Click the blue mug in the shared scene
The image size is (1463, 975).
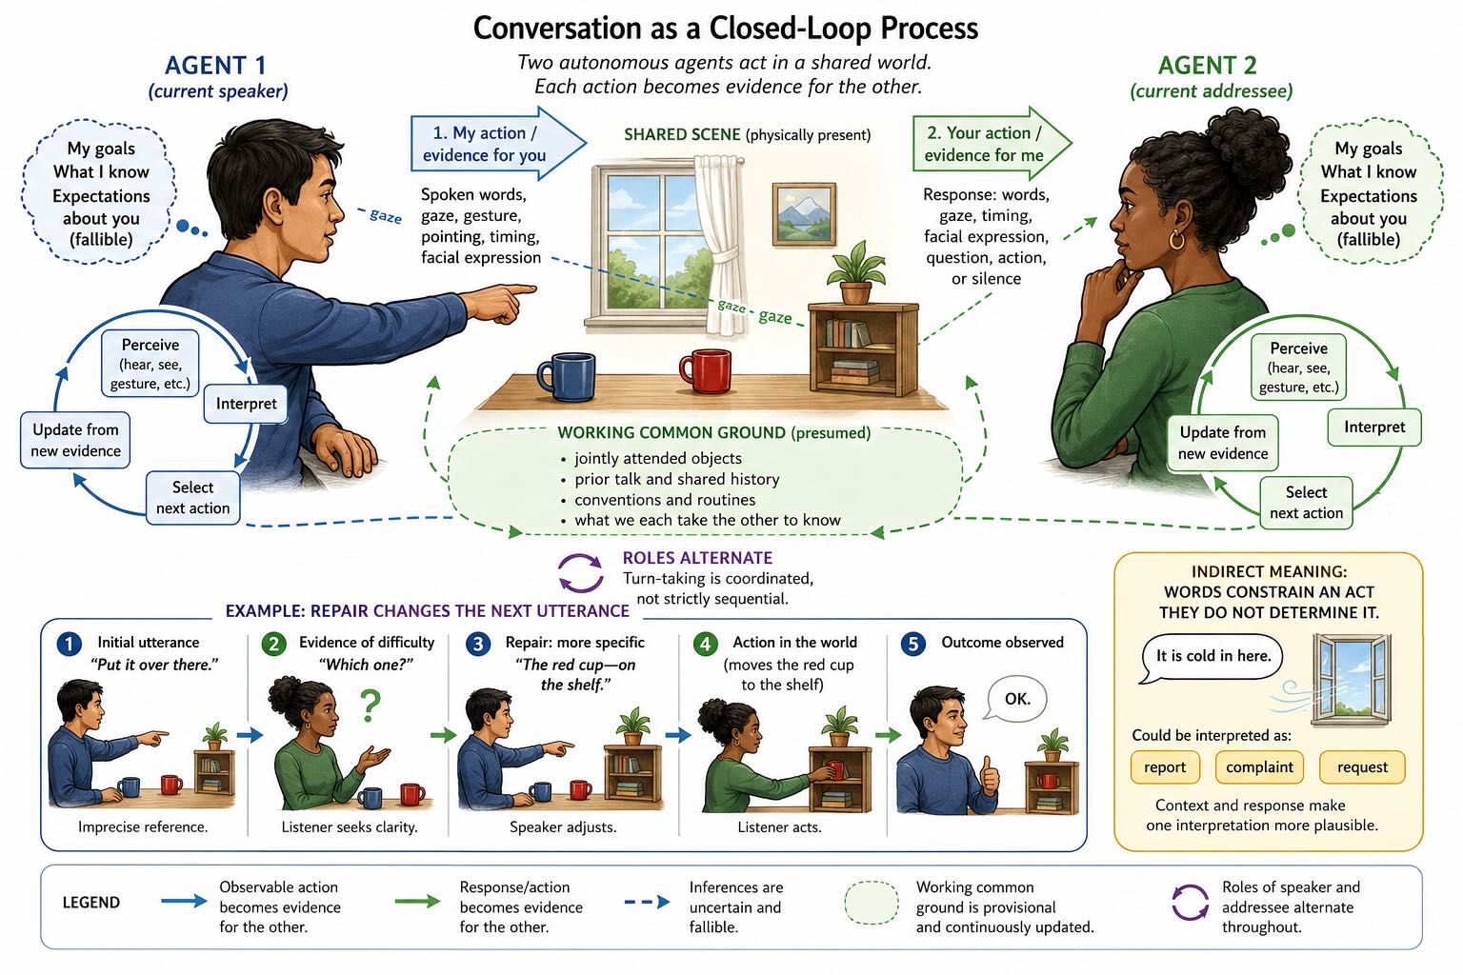tap(567, 376)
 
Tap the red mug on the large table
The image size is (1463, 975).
tap(706, 370)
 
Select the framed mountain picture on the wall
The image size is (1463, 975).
tap(804, 214)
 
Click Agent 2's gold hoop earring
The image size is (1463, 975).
tap(1176, 239)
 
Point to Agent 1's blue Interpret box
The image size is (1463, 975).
tap(247, 404)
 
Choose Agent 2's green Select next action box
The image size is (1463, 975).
tap(1306, 502)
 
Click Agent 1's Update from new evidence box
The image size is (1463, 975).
tap(76, 440)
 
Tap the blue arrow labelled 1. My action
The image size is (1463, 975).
tap(498, 144)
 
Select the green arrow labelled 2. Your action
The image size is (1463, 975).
tap(992, 144)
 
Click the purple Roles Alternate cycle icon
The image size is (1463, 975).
tap(580, 573)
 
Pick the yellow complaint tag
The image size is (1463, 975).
tap(1259, 766)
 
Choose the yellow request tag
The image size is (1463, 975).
tap(1362, 766)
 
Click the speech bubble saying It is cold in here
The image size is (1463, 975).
tap(1212, 658)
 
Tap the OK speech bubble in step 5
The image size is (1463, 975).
tap(1017, 699)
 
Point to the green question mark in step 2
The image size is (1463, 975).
tap(371, 706)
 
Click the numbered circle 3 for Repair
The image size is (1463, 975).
tap(477, 644)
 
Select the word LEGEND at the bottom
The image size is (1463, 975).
tap(91, 903)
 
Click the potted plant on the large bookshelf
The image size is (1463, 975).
tap(855, 274)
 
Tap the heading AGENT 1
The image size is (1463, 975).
tap(215, 66)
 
